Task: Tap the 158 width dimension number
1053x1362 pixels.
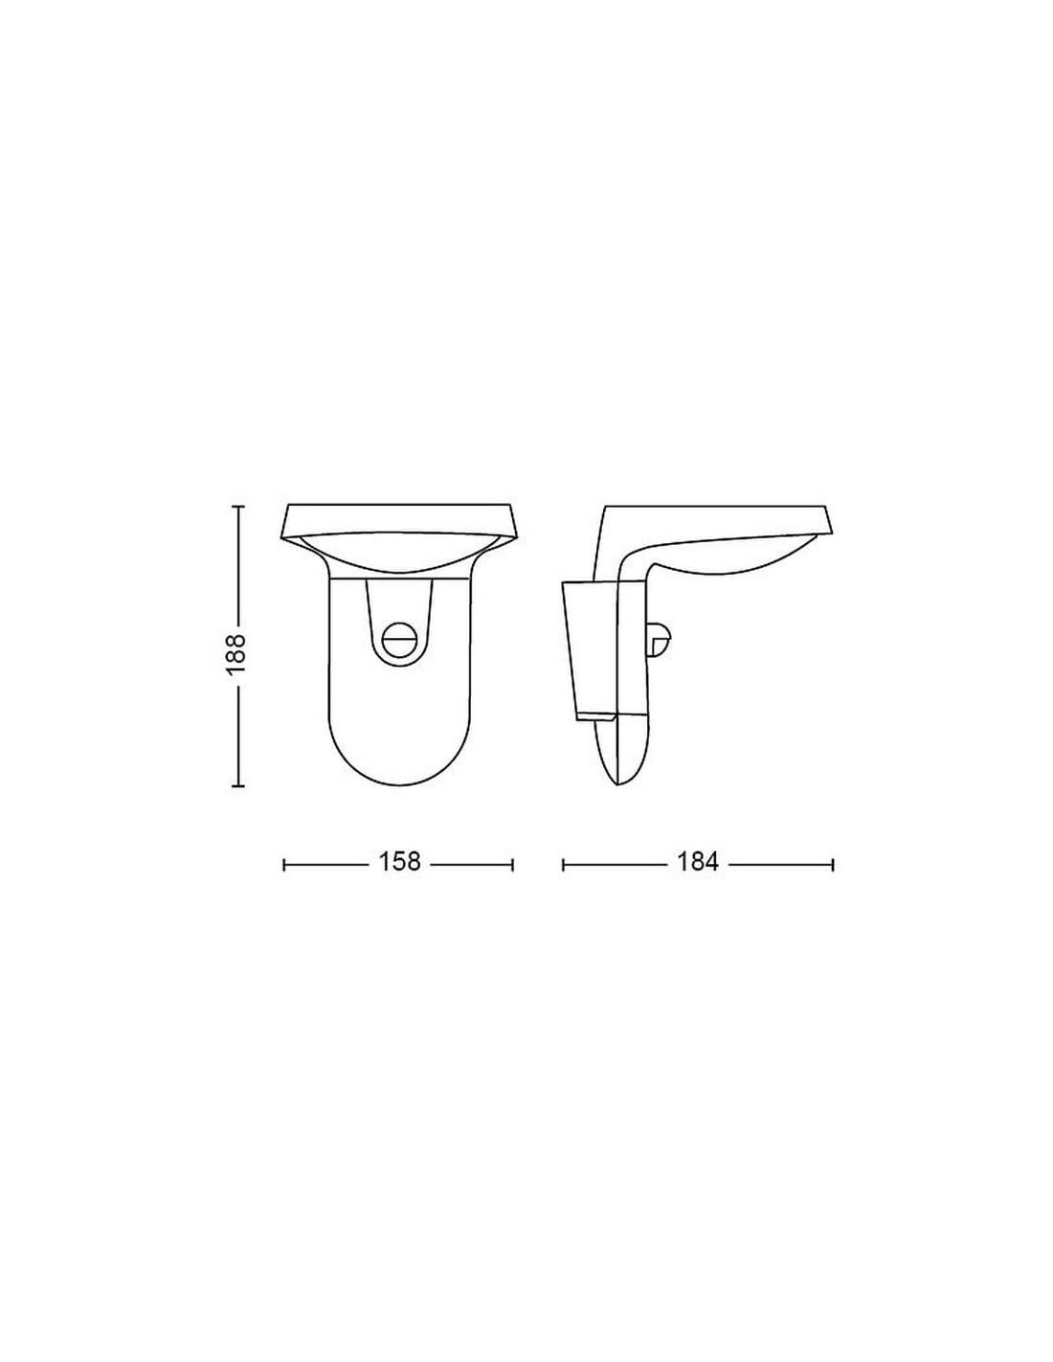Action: (399, 862)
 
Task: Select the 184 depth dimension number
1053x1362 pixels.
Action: (698, 862)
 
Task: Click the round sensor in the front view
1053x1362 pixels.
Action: (399, 641)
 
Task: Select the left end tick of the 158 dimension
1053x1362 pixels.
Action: (284, 865)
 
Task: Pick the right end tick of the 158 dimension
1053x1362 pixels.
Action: (513, 865)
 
